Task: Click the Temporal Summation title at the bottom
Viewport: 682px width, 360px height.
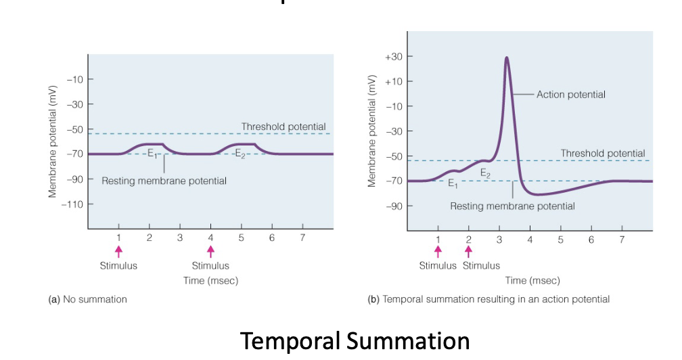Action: pyautogui.click(x=355, y=340)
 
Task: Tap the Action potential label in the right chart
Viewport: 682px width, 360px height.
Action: pyautogui.click(x=570, y=95)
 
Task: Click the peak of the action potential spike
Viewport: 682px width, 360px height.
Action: pyautogui.click(x=506, y=58)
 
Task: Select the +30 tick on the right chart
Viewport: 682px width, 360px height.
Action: pyautogui.click(x=393, y=57)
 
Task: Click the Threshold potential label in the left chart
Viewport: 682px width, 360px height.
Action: pyautogui.click(x=283, y=127)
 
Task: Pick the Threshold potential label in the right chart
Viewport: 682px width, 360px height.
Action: pyautogui.click(x=602, y=154)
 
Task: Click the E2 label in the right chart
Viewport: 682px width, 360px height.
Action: pyautogui.click(x=485, y=173)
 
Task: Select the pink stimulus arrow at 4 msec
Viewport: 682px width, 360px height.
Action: pyautogui.click(x=210, y=251)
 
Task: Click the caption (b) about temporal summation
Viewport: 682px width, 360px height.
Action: pyautogui.click(x=488, y=299)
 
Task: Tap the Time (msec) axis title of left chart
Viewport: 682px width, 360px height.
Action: pyautogui.click(x=210, y=281)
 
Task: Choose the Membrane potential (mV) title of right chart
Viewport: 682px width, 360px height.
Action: pyautogui.click(x=371, y=130)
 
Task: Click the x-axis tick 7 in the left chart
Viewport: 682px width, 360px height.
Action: pyautogui.click(x=302, y=238)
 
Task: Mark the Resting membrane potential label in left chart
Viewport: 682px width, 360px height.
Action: pyautogui.click(x=164, y=181)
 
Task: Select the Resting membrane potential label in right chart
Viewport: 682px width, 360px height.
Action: pyautogui.click(x=512, y=206)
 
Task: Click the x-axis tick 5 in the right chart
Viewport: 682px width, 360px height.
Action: pyautogui.click(x=560, y=240)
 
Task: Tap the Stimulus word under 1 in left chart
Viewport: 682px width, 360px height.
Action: pyautogui.click(x=118, y=266)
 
